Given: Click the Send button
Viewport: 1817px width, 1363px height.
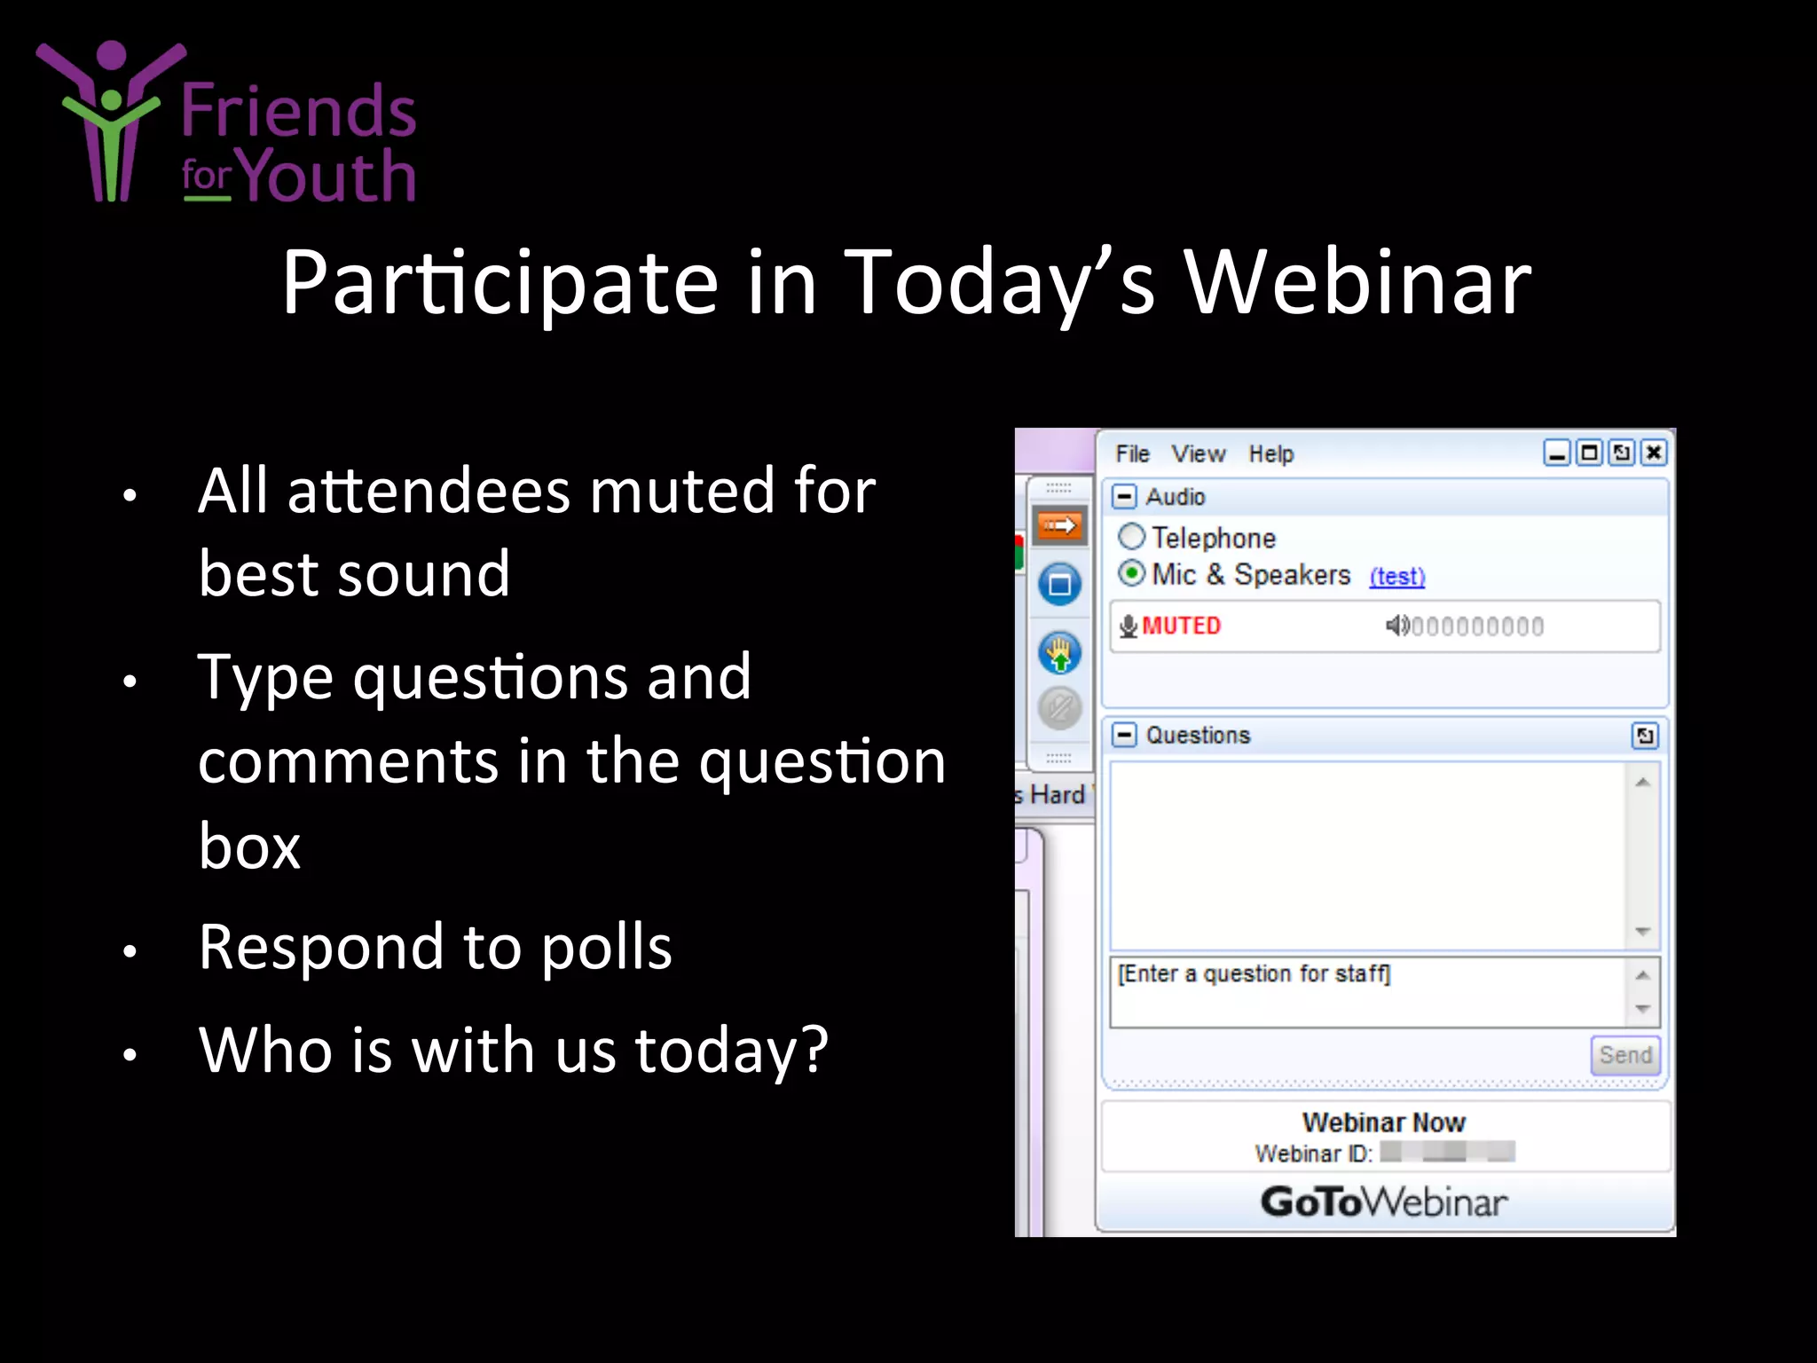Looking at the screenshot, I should tap(1624, 1055).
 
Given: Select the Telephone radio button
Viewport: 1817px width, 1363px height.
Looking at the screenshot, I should tap(1131, 537).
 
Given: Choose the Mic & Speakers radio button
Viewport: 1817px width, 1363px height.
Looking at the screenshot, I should tap(1131, 574).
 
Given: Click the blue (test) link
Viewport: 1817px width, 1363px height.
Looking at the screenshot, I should tap(1396, 577).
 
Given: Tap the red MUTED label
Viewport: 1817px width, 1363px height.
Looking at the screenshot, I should tap(1181, 626).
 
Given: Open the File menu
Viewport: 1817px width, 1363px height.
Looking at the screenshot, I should tap(1132, 453).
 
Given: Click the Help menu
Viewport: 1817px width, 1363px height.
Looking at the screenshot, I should tap(1270, 453).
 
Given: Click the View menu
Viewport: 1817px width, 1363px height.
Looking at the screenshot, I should tap(1198, 453).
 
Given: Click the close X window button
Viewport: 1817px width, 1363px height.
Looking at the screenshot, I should tap(1654, 453).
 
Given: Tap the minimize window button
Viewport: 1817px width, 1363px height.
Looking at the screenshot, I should tap(1557, 453).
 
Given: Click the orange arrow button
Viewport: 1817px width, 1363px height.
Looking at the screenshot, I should tap(1059, 526).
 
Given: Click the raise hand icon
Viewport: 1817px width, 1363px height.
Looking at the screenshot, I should tap(1059, 654).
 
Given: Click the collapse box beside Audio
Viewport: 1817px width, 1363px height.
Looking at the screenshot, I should tap(1124, 496).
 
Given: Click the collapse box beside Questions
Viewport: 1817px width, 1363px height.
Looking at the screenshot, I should tap(1124, 735).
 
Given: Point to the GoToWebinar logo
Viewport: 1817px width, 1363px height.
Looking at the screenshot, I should tap(1383, 1202).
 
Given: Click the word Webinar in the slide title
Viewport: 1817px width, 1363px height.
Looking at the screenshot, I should tap(1357, 282).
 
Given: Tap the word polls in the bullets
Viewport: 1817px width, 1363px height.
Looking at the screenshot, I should tap(606, 947).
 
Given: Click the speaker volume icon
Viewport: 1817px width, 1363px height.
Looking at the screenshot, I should tap(1396, 626).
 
